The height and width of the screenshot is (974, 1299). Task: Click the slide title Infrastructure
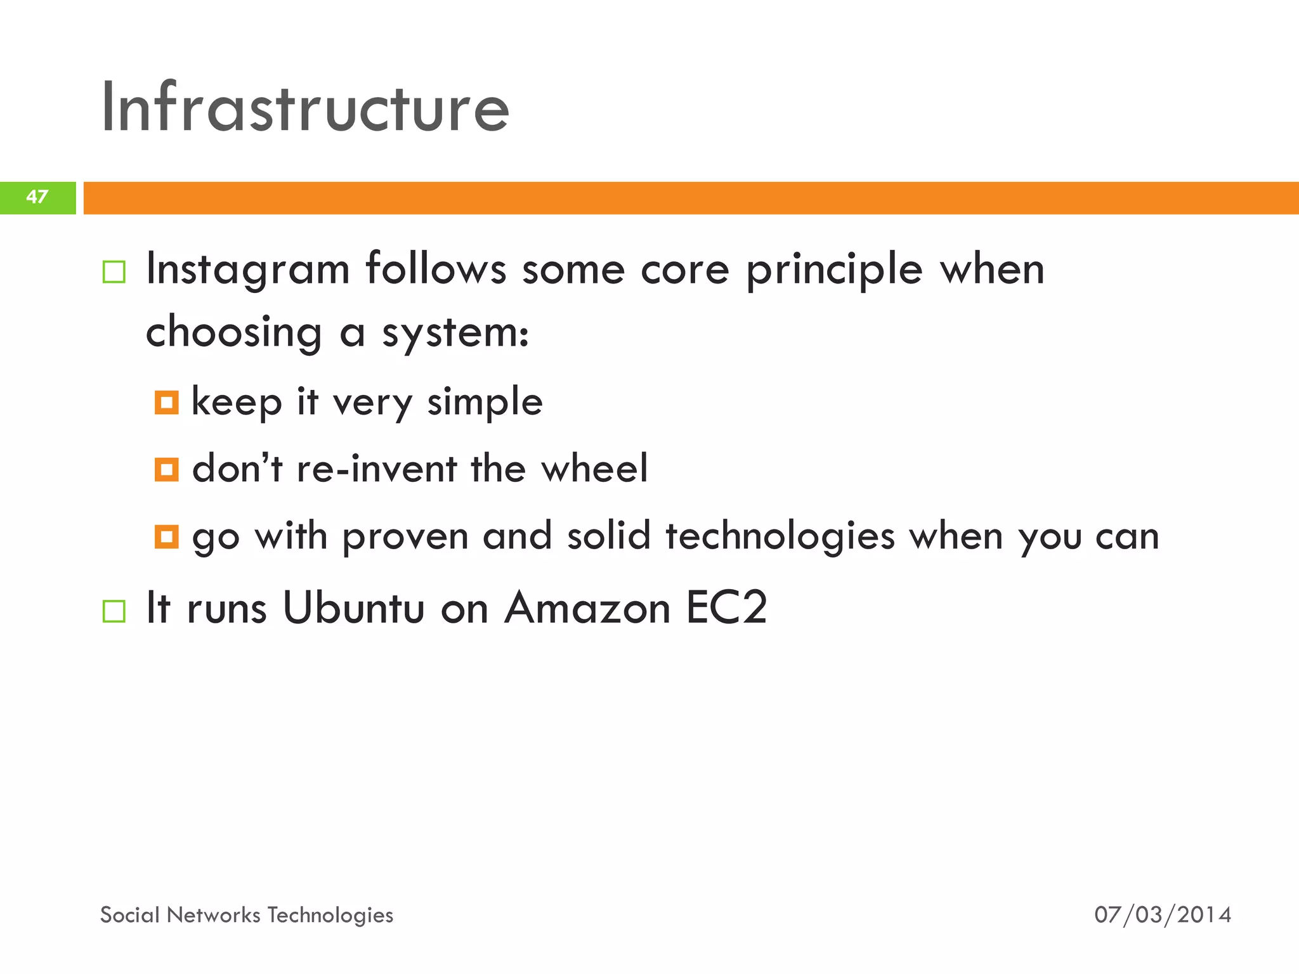tap(304, 108)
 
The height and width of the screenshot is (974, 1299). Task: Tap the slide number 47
tap(37, 197)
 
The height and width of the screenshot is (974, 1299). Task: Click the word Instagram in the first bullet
tap(248, 270)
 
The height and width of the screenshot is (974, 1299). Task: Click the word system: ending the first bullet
tap(455, 333)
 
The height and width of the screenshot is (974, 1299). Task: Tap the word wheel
tap(594, 469)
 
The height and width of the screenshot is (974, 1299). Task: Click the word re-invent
tap(377, 469)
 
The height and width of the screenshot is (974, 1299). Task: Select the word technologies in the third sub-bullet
tap(780, 536)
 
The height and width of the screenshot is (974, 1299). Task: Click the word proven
tap(405, 537)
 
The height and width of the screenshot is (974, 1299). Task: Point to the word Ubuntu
tap(353, 608)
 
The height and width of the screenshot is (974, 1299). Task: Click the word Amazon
tap(587, 608)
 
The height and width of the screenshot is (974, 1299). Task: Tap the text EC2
tap(726, 608)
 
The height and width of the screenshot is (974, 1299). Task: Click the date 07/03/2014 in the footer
tap(1163, 915)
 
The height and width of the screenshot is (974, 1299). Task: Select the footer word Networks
tap(213, 915)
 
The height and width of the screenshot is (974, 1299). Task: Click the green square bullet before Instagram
tap(114, 272)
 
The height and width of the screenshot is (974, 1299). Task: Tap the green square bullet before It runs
tap(114, 611)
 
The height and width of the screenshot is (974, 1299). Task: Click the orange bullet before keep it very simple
tap(167, 403)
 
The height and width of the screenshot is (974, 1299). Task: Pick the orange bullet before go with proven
tap(167, 536)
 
